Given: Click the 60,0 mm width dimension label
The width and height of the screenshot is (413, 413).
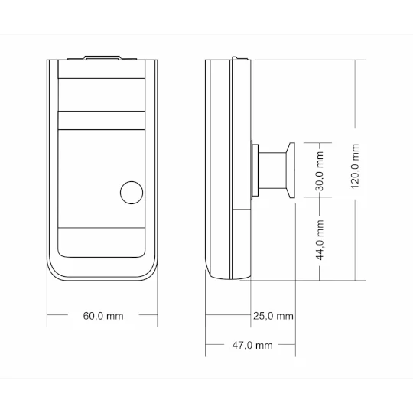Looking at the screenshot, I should point(102,315).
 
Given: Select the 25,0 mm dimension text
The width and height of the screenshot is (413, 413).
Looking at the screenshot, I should point(273,315).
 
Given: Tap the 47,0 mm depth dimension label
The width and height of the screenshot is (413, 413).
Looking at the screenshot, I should point(252,346).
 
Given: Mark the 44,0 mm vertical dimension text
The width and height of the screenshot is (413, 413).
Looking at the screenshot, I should point(320,239).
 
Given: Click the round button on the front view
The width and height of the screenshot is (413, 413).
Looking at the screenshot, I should point(132,193).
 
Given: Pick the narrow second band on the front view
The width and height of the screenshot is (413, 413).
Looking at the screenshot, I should point(102,119).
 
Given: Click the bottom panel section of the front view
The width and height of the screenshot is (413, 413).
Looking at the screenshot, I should point(102,242).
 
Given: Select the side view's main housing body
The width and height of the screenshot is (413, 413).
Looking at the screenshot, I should point(229,168).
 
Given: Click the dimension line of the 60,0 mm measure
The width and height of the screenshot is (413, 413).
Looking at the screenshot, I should point(69,315).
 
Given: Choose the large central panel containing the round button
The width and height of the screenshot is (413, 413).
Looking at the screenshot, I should point(102,177).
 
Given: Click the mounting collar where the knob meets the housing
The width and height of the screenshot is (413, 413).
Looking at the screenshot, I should point(255,169).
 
